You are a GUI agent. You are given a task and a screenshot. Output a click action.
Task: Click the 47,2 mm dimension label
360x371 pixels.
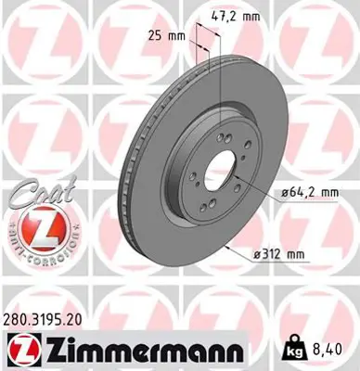[235, 17]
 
